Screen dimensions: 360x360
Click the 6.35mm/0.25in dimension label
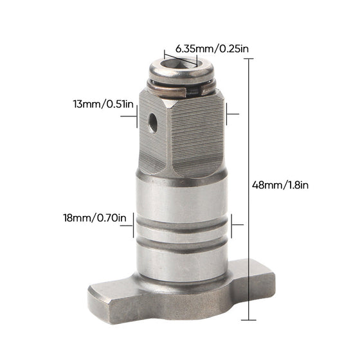pos(212,49)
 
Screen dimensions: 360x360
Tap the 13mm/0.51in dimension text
pos(104,104)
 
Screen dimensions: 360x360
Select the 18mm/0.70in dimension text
pos(95,218)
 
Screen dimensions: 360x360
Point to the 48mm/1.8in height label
pos(280,185)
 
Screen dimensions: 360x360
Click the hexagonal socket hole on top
pos(180,63)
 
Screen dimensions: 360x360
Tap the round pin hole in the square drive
pos(153,122)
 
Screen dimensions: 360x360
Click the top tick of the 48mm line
pos(248,59)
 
